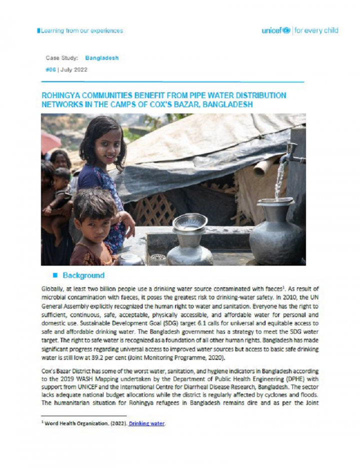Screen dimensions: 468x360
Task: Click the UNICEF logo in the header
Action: [x=276, y=31]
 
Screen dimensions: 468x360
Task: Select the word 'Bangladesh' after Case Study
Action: [x=101, y=58]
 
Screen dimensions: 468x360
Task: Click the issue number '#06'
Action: [x=50, y=70]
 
